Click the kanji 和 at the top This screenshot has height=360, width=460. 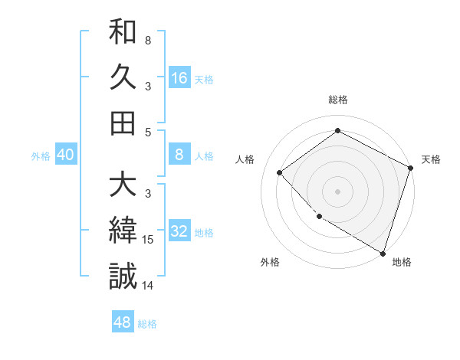[x=123, y=34]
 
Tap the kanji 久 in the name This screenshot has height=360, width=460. [x=123, y=78]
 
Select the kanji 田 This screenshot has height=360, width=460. [x=123, y=123]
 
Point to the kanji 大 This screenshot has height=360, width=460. [x=123, y=186]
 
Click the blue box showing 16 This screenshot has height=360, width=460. [x=179, y=78]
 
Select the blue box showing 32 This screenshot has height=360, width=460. [x=179, y=231]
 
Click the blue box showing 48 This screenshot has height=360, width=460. [x=123, y=322]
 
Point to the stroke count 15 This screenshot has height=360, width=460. [x=149, y=241]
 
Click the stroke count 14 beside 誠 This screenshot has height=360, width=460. [x=149, y=286]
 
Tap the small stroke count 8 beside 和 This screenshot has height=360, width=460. [x=148, y=40]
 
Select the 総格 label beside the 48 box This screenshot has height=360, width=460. [x=148, y=324]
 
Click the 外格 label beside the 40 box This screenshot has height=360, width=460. [x=41, y=156]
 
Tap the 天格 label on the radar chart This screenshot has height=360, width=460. [x=431, y=159]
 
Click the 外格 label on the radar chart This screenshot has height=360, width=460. [x=270, y=262]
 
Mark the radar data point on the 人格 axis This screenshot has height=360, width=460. [x=280, y=172]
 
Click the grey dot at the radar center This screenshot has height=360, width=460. [x=337, y=191]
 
